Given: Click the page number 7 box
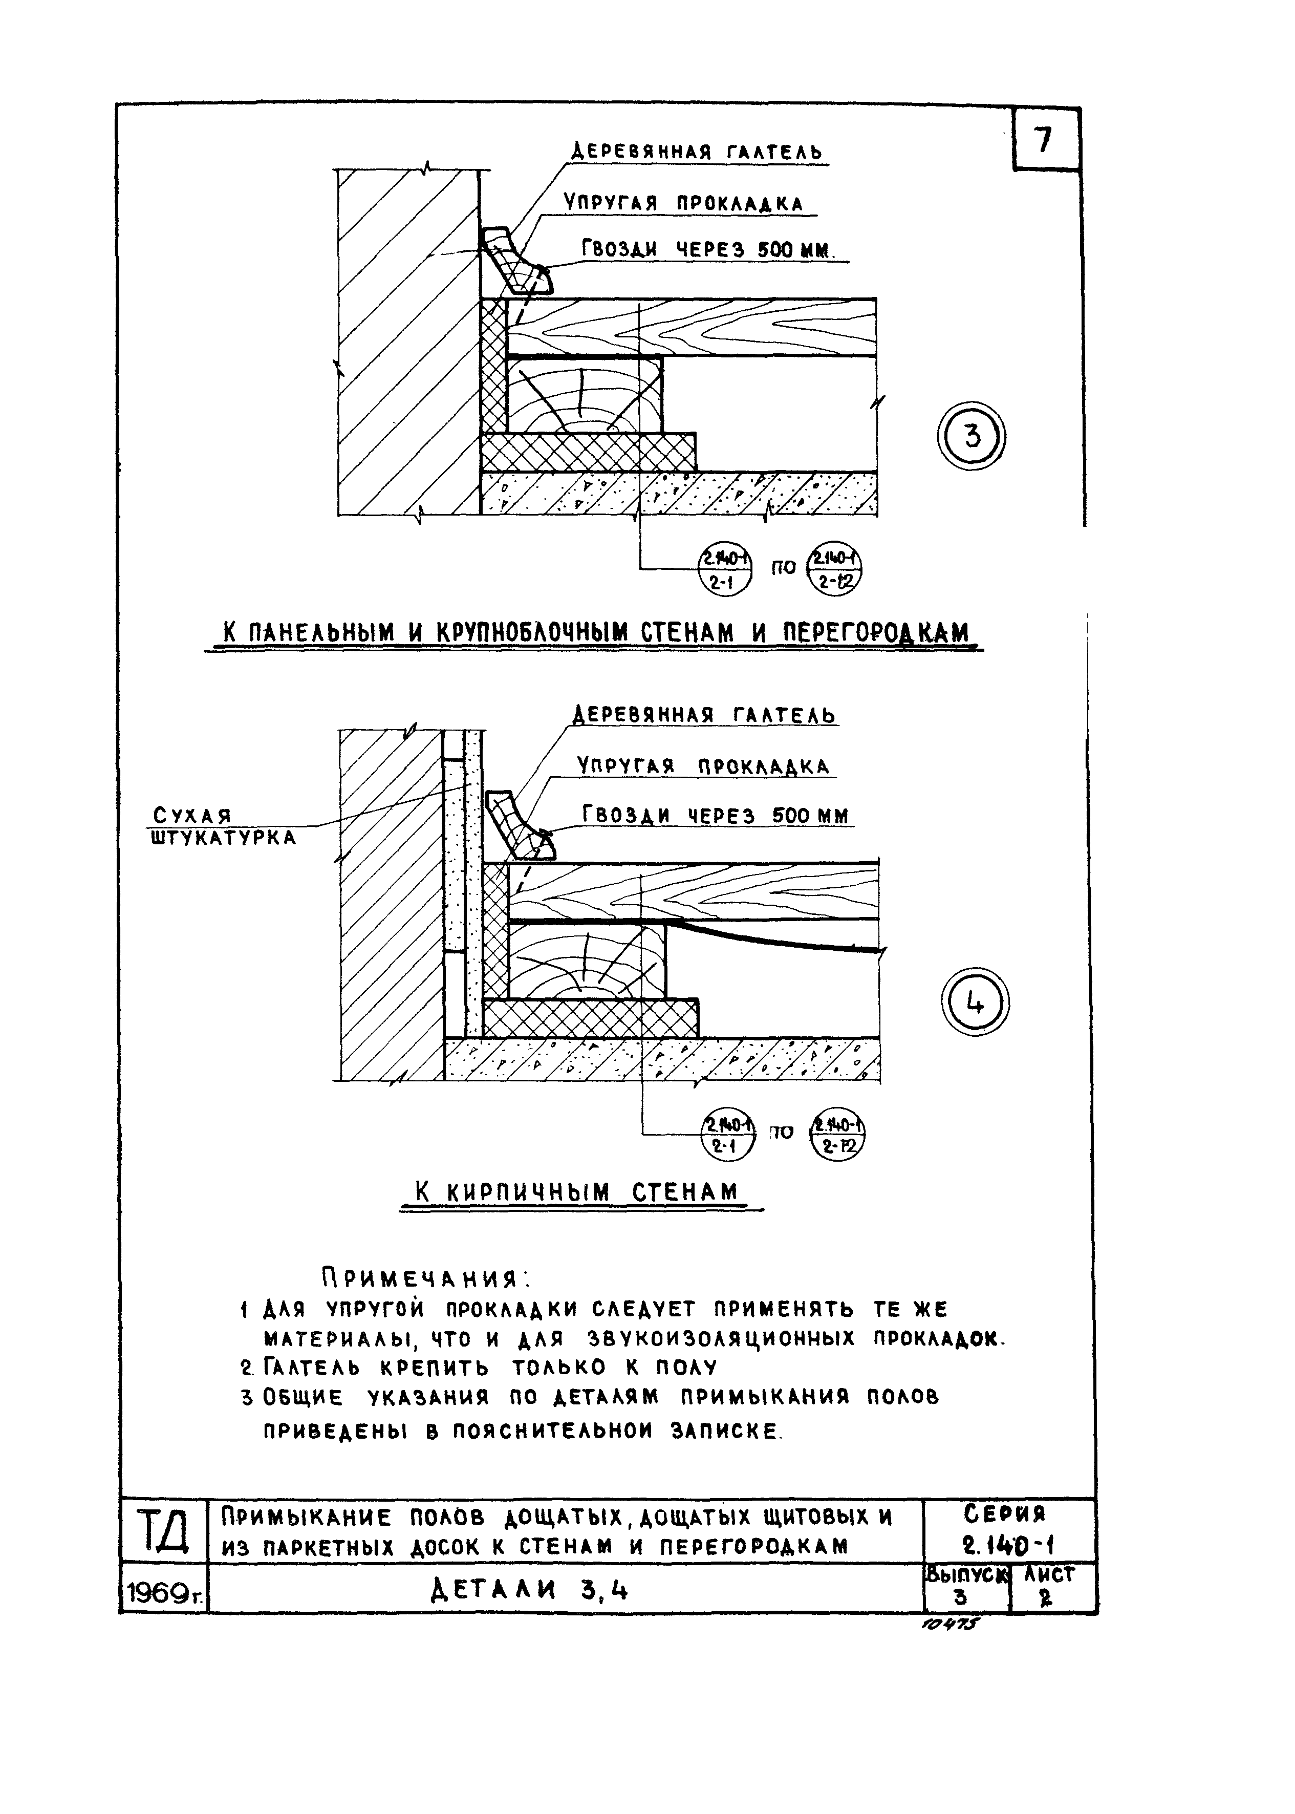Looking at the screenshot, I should (1045, 140).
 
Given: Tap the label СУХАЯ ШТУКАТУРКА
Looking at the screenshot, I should (223, 826).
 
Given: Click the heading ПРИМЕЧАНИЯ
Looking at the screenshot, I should (426, 1279).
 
